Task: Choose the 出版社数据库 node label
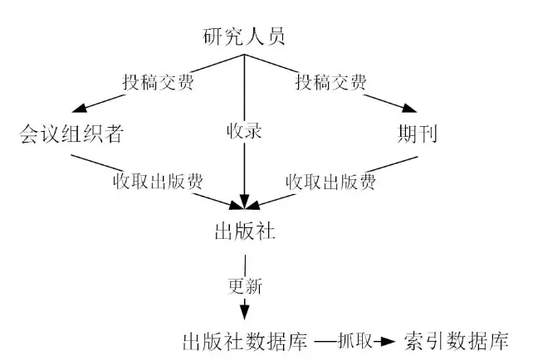point(246,341)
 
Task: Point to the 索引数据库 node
point(456,341)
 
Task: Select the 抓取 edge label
point(353,341)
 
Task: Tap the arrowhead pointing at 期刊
point(408,108)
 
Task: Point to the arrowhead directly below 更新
point(245,313)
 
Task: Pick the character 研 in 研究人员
point(214,36)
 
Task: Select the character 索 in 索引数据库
point(415,341)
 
